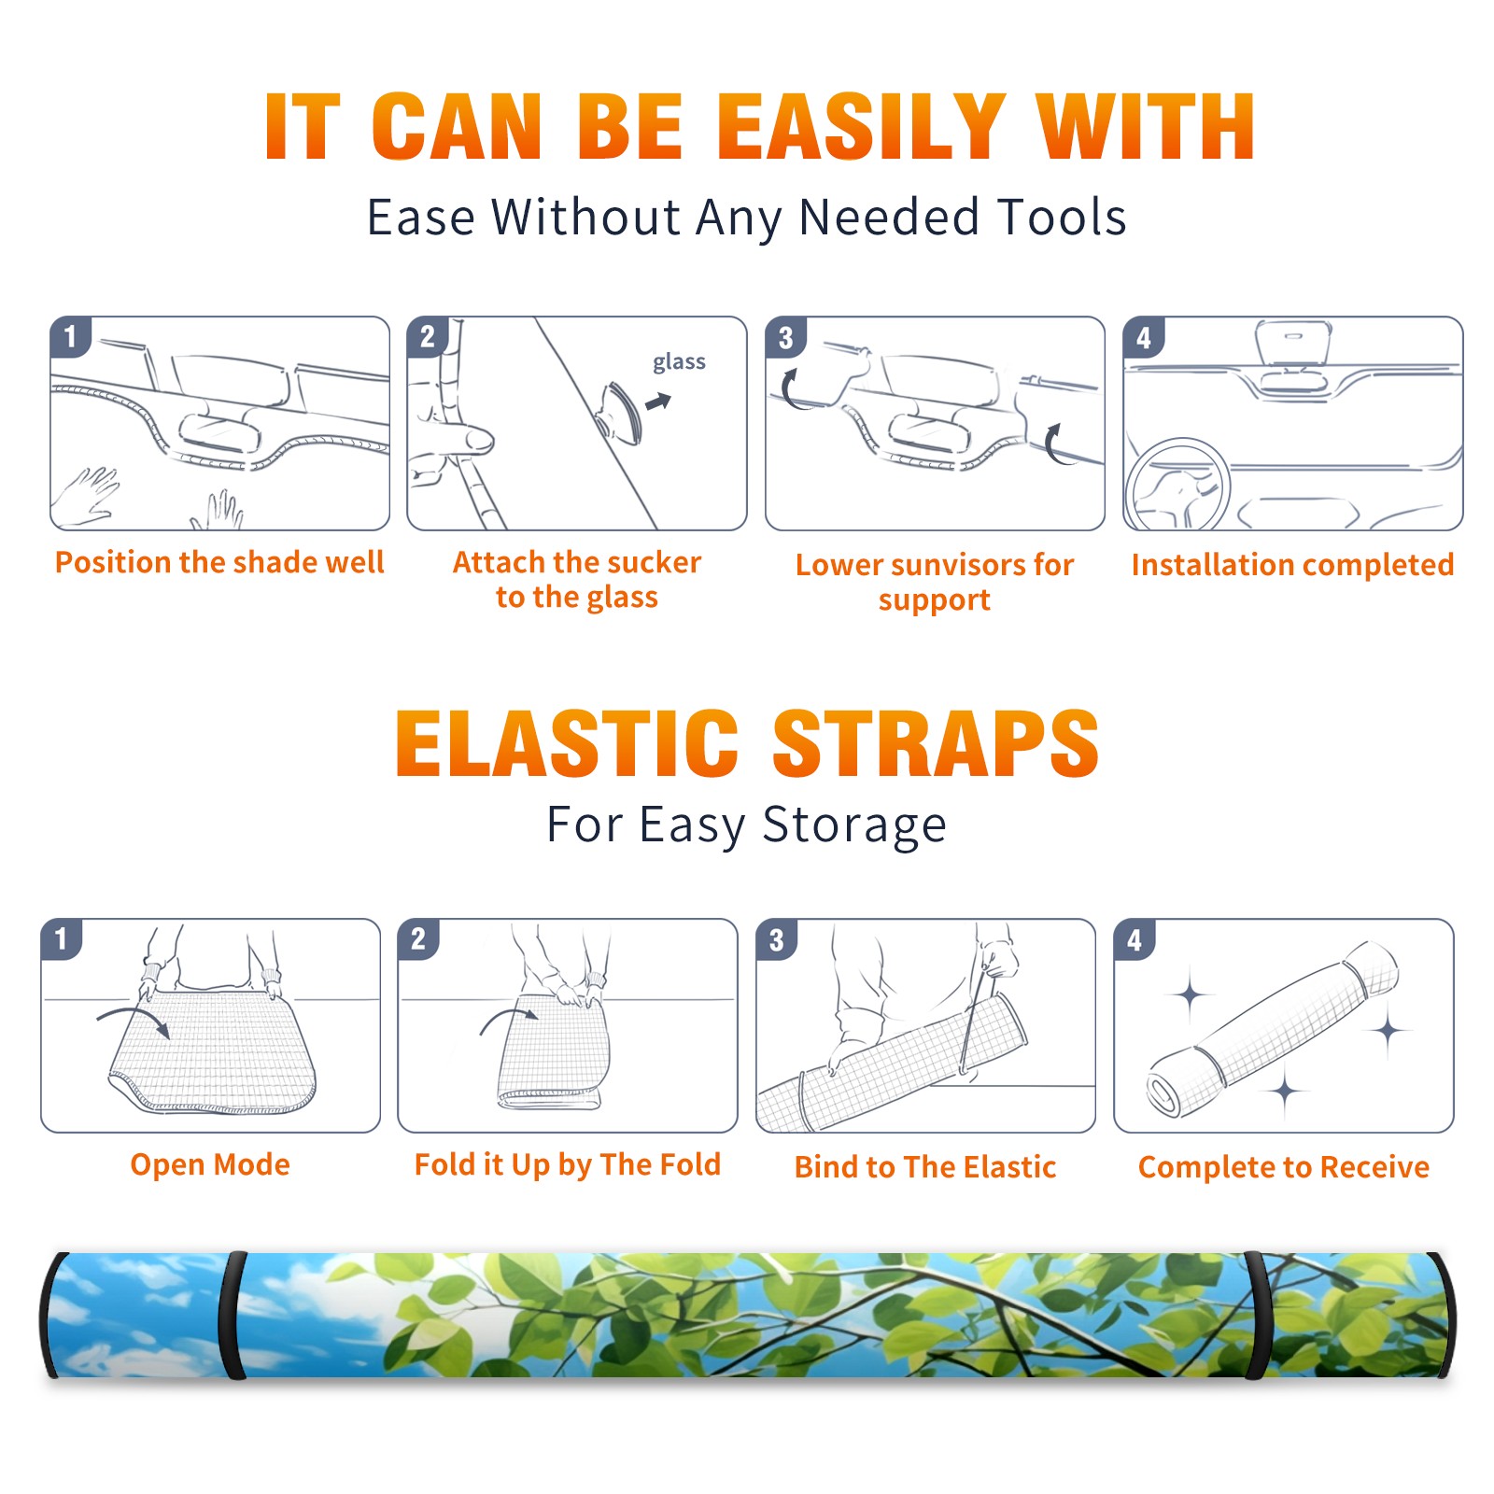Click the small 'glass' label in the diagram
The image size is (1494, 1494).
pyautogui.click(x=679, y=362)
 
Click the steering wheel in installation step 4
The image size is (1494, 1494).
pyautogui.click(x=1177, y=486)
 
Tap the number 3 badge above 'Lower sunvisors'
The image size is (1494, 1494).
pyautogui.click(x=786, y=338)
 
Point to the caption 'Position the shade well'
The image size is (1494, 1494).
pyautogui.click(x=219, y=562)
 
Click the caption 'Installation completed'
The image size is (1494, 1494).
pyautogui.click(x=1292, y=565)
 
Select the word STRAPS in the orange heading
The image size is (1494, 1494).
pyautogui.click(x=936, y=743)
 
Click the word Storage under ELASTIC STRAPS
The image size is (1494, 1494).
pyautogui.click(x=854, y=825)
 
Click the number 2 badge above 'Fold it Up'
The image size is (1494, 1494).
pyautogui.click(x=418, y=939)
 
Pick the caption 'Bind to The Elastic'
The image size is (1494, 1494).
pyautogui.click(x=924, y=1167)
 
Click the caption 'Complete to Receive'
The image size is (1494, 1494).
pyautogui.click(x=1283, y=1167)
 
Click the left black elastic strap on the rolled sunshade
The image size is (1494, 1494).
pyautogui.click(x=233, y=1316)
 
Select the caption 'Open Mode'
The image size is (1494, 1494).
pyautogui.click(x=210, y=1164)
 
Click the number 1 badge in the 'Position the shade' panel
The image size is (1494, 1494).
pyautogui.click(x=71, y=336)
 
